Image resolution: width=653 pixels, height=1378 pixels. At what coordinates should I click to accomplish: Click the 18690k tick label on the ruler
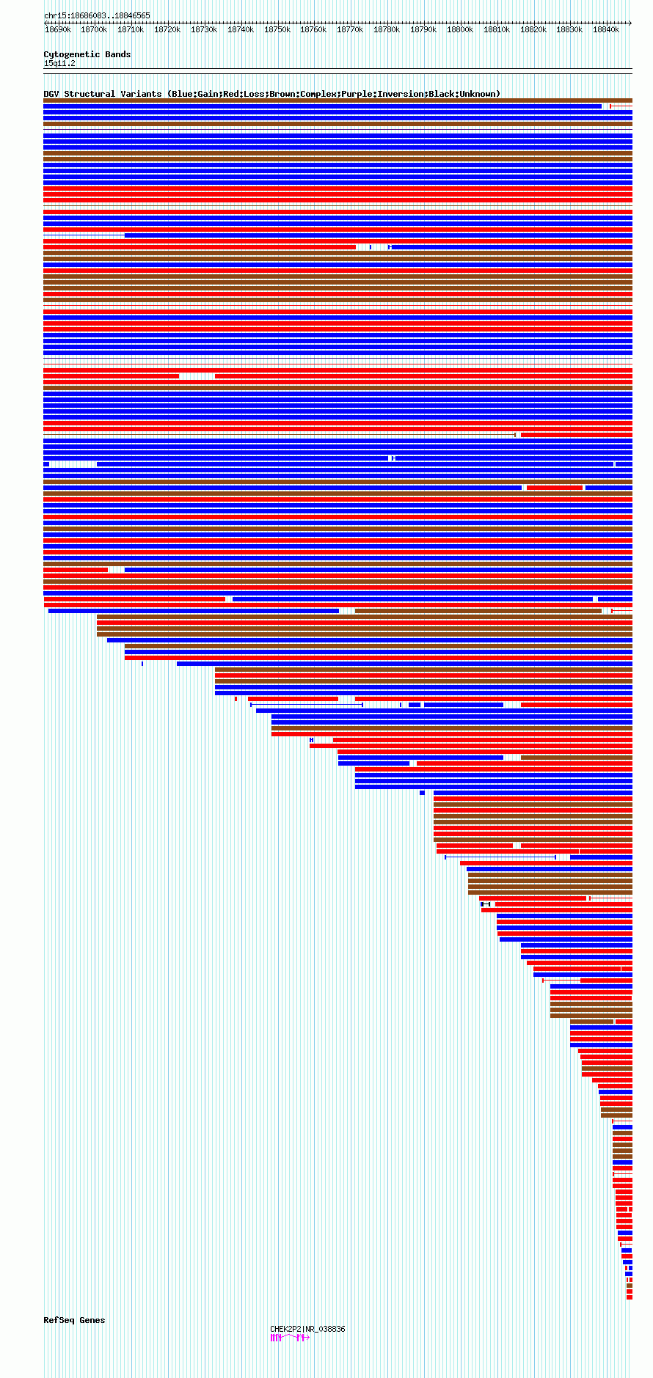(x=58, y=30)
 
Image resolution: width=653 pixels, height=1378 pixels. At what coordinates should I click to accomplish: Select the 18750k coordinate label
(x=277, y=30)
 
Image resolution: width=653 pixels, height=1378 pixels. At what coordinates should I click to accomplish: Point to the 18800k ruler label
(x=460, y=30)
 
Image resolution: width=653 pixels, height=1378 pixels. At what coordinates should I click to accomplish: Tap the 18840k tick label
(x=606, y=30)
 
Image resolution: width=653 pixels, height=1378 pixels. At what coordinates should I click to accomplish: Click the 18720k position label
(x=167, y=30)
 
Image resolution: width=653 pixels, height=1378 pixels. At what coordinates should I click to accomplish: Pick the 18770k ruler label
(x=350, y=30)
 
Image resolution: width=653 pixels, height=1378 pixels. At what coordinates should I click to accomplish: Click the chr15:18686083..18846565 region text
(x=97, y=15)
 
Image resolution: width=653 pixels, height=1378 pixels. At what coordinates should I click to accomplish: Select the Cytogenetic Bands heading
(x=87, y=54)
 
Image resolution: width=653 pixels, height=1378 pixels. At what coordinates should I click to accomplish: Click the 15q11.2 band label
(x=59, y=63)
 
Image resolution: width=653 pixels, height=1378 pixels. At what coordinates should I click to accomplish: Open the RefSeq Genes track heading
(x=74, y=1320)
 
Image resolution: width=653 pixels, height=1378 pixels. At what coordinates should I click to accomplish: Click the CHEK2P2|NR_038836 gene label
(x=307, y=1329)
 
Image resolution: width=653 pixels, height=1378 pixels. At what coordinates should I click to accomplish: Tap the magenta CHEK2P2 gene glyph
(x=290, y=1338)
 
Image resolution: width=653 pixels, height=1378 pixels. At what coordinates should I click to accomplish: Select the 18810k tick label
(x=497, y=30)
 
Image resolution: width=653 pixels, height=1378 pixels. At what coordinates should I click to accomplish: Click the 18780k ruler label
(x=387, y=30)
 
